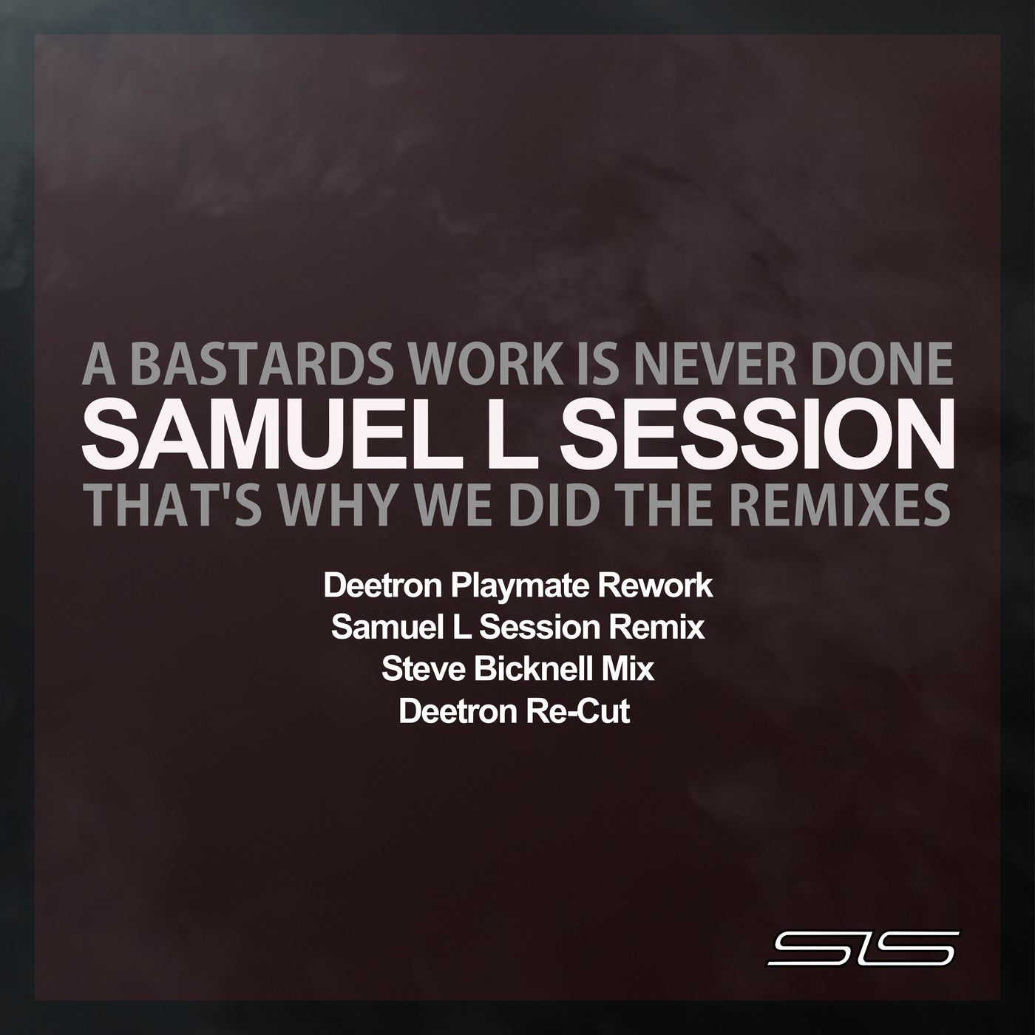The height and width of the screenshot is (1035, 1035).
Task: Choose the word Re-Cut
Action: [x=587, y=712]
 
